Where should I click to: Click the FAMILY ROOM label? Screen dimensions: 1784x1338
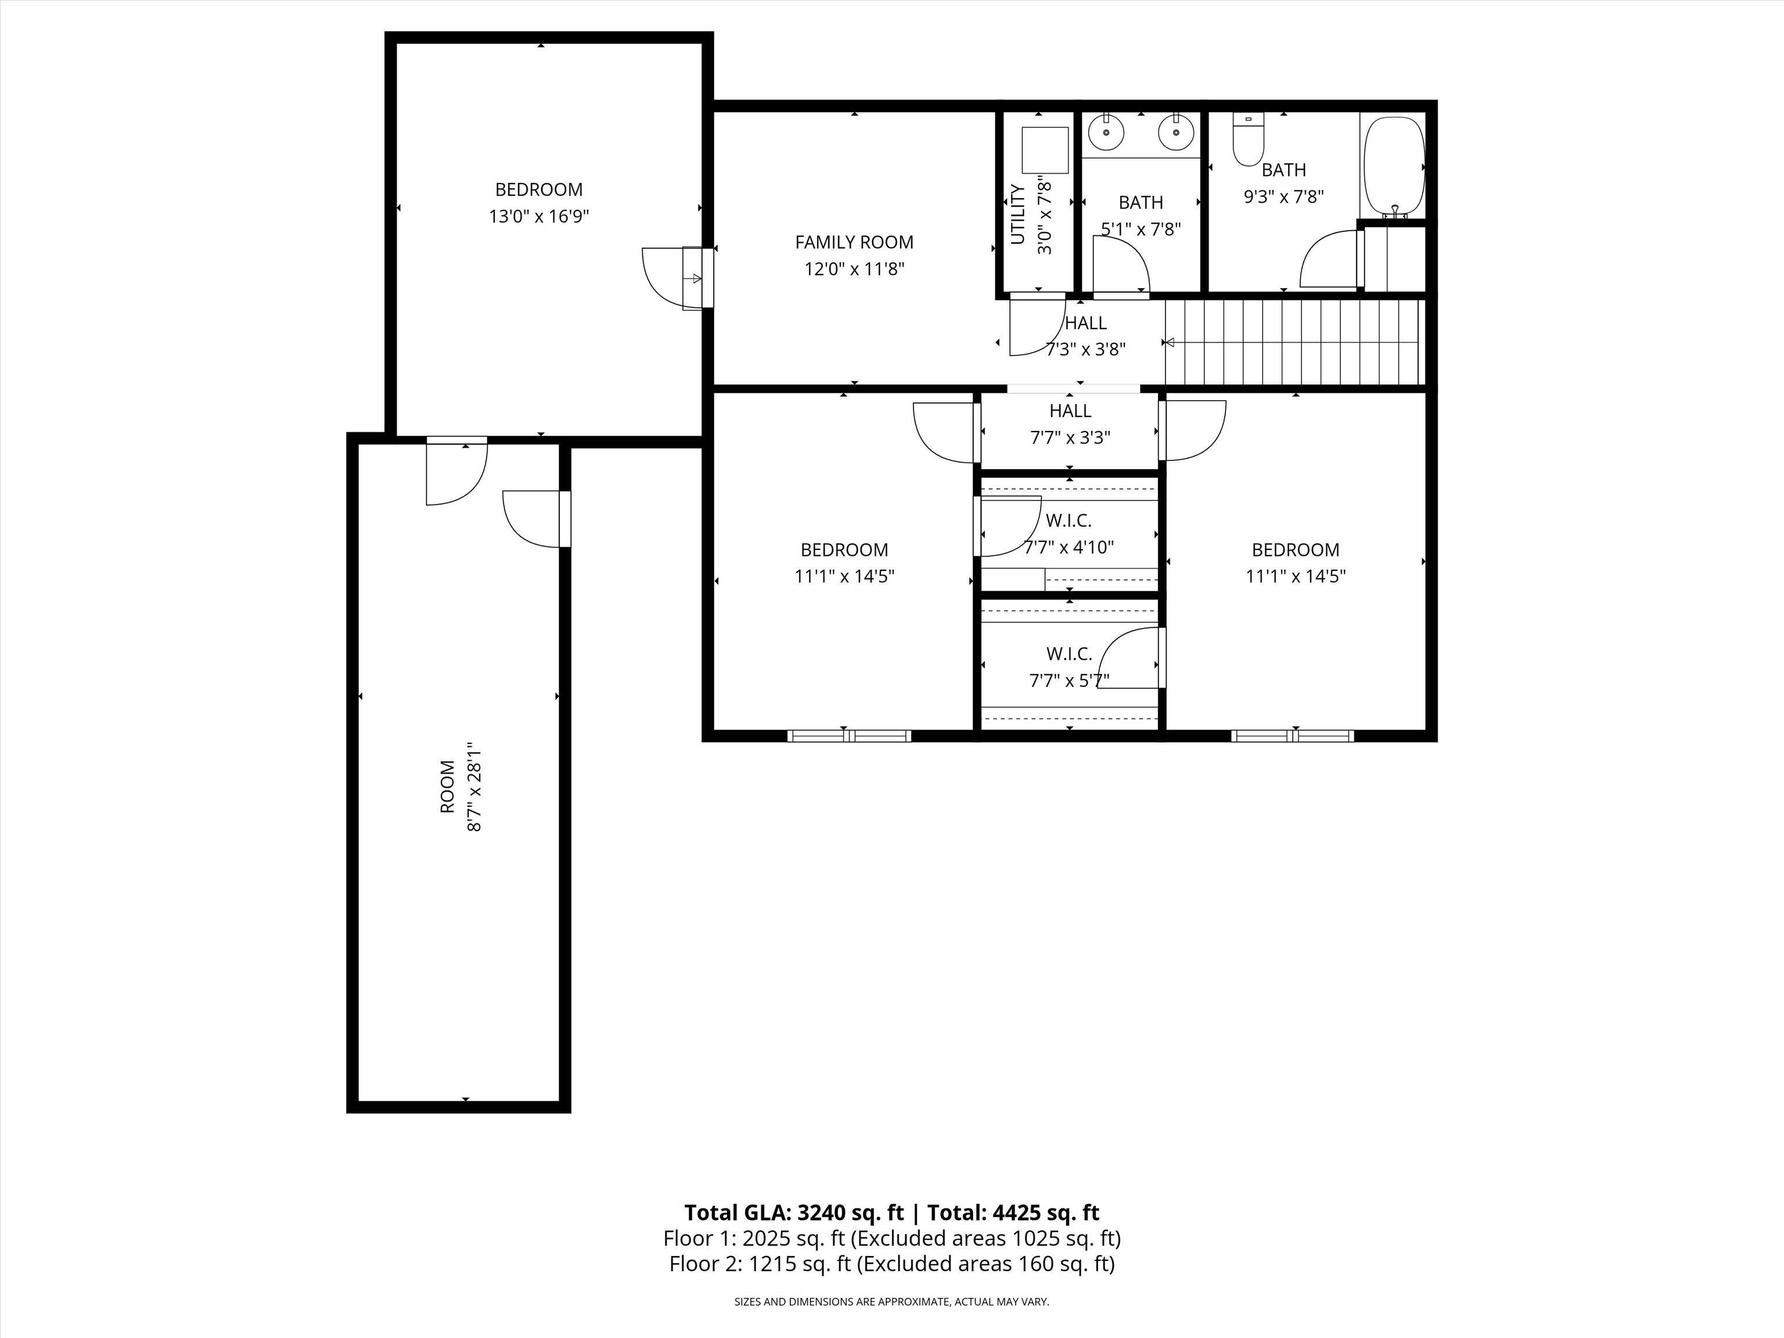854,242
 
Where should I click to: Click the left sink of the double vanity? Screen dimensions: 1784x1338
1106,132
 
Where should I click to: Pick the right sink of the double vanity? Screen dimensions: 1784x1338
1176,132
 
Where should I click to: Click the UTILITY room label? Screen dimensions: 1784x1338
1018,214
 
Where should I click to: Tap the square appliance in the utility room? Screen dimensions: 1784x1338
1045,150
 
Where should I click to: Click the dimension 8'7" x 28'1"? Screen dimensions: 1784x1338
475,787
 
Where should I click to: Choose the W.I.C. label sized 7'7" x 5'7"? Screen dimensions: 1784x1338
1070,653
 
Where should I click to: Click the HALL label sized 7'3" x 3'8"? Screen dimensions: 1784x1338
1085,323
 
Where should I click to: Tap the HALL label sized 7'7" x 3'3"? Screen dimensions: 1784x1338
1070,411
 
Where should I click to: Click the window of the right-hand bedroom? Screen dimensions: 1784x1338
1293,736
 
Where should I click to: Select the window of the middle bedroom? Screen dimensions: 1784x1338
849,736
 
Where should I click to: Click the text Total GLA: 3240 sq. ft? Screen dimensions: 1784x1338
794,1212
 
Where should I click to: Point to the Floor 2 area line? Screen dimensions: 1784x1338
892,1263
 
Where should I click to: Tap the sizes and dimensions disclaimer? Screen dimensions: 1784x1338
892,1301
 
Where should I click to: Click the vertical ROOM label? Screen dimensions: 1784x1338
448,787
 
